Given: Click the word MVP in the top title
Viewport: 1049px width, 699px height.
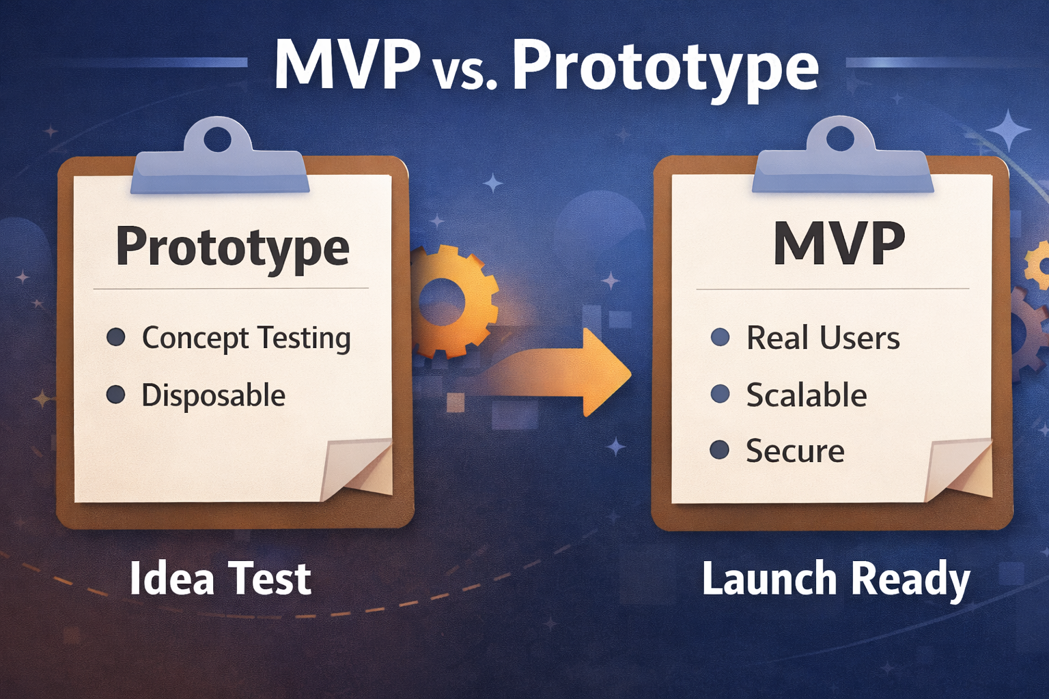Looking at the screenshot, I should tap(347, 66).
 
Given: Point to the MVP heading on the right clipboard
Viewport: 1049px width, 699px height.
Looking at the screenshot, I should tap(839, 244).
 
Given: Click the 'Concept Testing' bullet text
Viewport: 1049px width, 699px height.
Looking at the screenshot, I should tap(246, 339).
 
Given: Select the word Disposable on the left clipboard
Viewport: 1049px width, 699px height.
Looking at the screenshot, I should tap(213, 396).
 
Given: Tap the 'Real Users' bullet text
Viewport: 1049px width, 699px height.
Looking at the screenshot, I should tap(823, 338).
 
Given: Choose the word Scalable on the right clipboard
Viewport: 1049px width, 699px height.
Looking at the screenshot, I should tap(806, 395).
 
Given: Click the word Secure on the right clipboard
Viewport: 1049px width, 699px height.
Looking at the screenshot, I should tap(795, 451).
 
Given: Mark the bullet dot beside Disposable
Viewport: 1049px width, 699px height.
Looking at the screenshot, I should tap(116, 395).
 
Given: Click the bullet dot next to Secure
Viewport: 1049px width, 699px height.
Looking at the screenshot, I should tap(719, 450).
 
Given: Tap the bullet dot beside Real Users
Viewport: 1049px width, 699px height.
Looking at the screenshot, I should tap(721, 337).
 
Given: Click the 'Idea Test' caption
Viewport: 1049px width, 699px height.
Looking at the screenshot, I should tap(220, 579).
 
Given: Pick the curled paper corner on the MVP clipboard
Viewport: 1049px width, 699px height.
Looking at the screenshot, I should tap(960, 471).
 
